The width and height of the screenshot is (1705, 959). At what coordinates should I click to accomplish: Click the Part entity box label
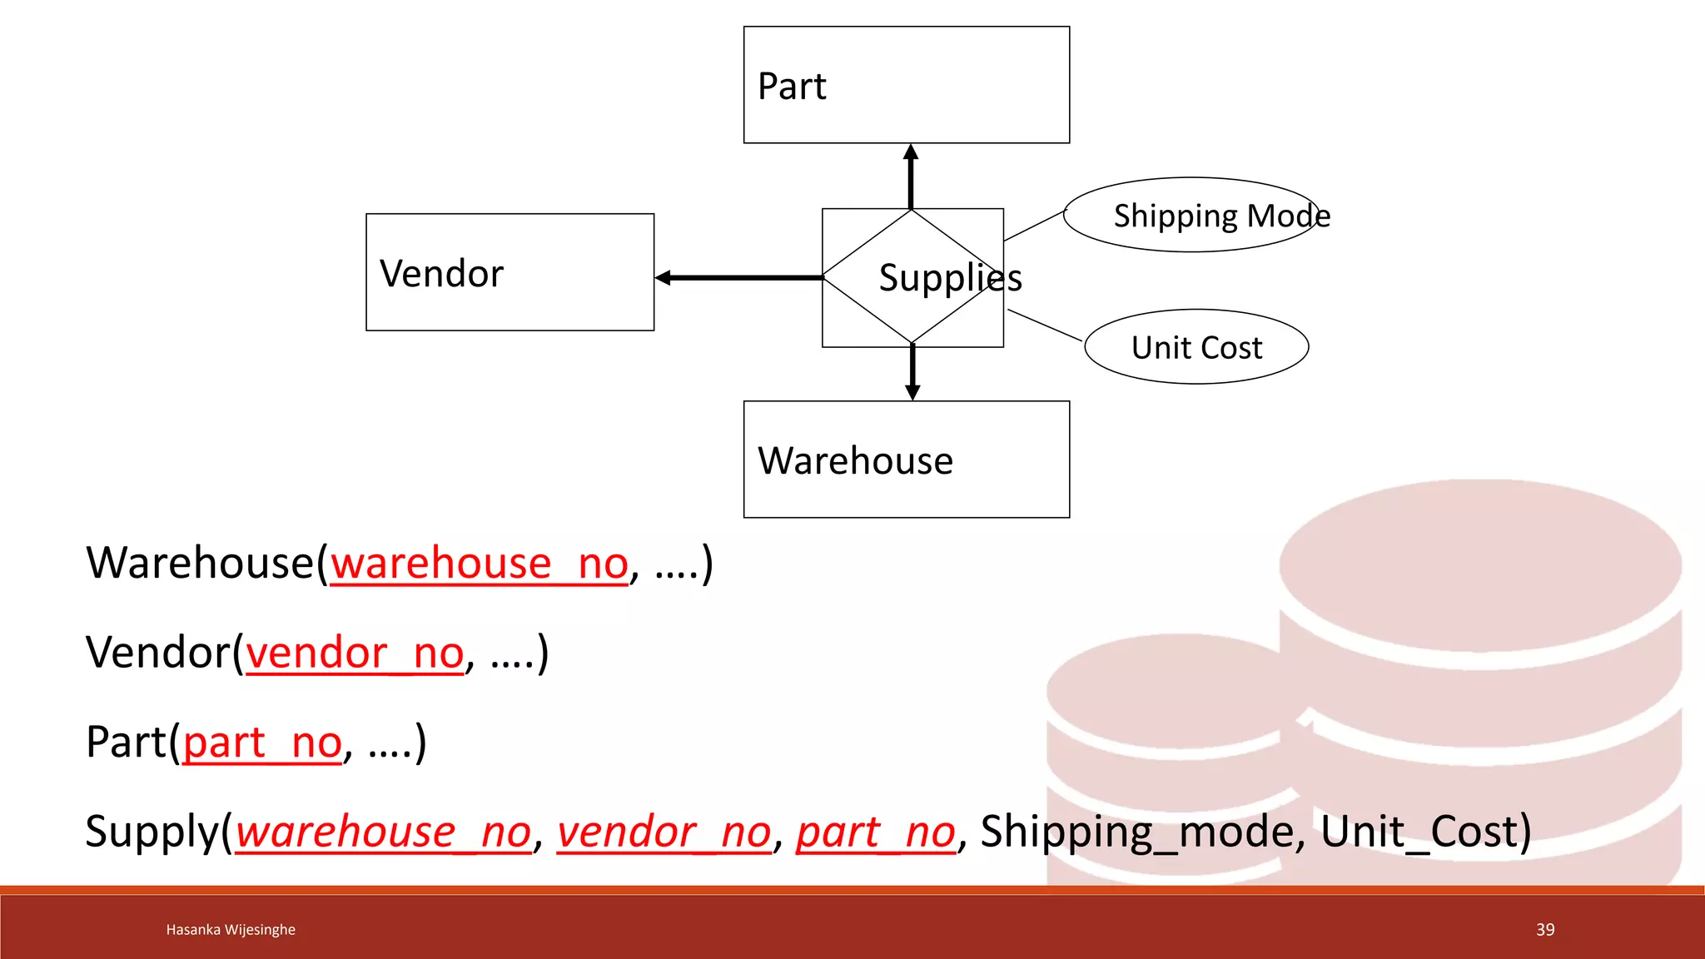coord(792,87)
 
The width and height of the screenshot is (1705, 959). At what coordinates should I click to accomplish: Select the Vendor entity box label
coord(441,274)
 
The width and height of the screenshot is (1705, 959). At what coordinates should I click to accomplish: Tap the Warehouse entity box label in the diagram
coord(855,460)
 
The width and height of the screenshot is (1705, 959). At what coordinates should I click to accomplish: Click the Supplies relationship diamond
coord(912,277)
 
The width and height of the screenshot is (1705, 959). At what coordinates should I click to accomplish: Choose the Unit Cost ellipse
coord(1196,347)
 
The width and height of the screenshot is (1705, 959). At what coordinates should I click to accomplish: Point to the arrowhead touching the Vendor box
coord(664,278)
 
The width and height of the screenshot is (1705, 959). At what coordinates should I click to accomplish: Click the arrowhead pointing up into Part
coord(911,152)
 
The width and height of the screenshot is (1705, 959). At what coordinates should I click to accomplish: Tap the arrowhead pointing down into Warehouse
coord(912,391)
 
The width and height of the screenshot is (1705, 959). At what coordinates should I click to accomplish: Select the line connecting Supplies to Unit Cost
coord(1045,325)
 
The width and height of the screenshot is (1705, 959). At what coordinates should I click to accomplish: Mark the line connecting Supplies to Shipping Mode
coord(1034,226)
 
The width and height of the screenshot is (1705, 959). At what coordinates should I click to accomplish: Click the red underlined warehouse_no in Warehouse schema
coord(479,564)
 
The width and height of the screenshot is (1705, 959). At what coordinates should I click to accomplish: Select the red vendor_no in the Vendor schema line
coord(355,653)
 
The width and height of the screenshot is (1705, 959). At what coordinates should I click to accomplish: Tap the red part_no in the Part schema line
coord(262,742)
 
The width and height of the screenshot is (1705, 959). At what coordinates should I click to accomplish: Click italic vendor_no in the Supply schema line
coord(664,832)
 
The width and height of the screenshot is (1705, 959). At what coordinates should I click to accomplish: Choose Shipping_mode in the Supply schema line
coord(1136,832)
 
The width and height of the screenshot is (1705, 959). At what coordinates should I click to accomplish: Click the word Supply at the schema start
coord(152,832)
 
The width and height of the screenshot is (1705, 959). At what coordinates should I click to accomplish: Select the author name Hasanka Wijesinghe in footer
coord(231,930)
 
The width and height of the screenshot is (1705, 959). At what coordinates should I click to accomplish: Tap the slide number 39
coord(1545,930)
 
